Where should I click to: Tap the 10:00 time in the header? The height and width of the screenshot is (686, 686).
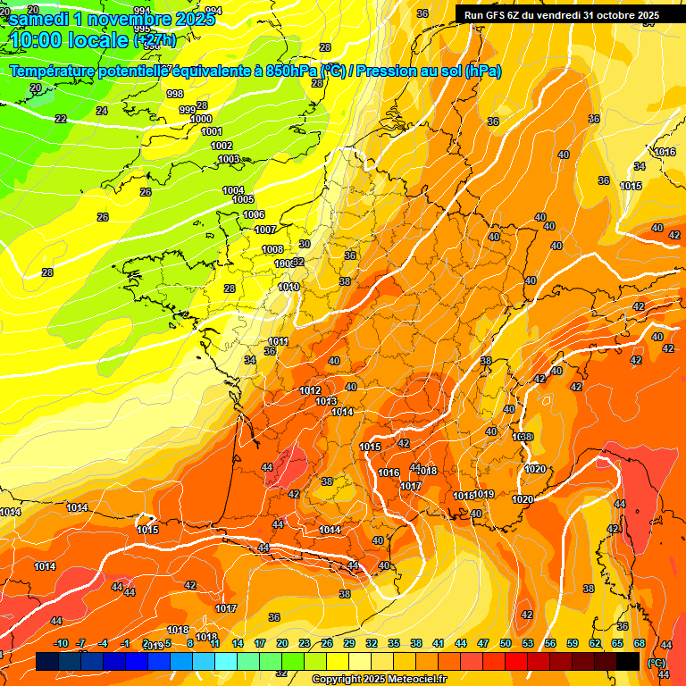(44, 40)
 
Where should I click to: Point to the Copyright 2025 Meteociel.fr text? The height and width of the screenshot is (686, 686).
(380, 679)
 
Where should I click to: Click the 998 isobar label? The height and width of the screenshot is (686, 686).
(175, 94)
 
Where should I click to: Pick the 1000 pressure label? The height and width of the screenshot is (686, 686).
(202, 119)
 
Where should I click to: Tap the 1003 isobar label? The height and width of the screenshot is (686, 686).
(229, 159)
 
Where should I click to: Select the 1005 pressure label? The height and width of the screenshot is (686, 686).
(243, 199)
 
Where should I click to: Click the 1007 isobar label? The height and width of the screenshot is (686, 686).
(264, 230)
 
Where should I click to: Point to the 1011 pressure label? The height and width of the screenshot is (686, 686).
(278, 341)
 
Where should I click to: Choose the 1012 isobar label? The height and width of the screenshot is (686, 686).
(310, 390)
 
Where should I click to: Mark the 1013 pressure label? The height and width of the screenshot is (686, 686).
(326, 401)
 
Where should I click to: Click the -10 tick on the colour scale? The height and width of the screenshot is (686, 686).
(61, 643)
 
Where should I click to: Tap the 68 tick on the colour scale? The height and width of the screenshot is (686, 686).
(640, 643)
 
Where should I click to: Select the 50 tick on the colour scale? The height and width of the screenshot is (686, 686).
(506, 643)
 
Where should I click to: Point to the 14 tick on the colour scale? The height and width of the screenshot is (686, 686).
(238, 643)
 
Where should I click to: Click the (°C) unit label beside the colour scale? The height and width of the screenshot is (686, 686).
(657, 662)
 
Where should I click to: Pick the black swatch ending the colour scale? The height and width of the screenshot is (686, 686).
(628, 661)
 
